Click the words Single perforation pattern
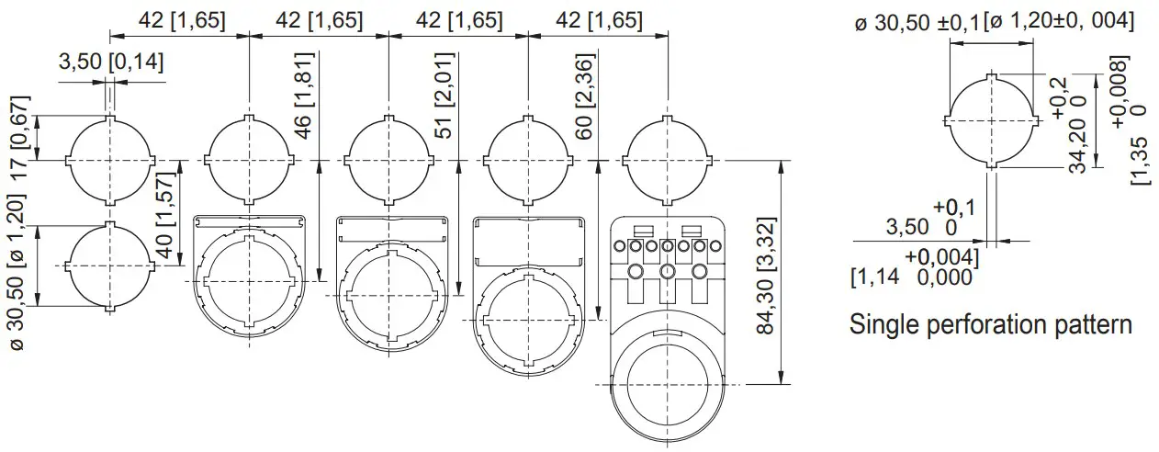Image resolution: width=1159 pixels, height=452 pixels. click(990, 324)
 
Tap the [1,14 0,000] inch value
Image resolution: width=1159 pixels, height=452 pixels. click(912, 275)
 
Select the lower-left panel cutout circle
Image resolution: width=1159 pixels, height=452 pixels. click(109, 266)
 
